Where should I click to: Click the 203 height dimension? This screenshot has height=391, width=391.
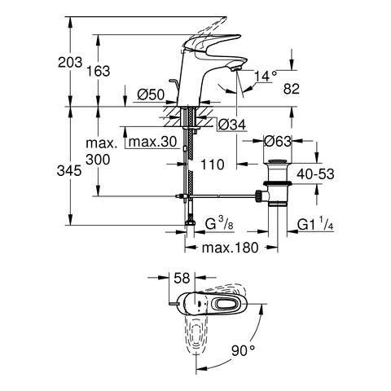coord(70,62)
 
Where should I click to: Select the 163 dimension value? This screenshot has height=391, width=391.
coord(98,71)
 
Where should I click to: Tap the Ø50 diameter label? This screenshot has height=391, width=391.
coord(151,94)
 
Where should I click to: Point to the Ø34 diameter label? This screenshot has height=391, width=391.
coord(232,125)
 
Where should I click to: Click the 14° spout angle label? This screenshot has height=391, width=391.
coord(266,77)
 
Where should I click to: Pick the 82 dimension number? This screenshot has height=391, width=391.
coord(292,89)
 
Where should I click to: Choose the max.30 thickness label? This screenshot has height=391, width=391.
coord(152,142)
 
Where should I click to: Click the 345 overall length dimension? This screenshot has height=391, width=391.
coord(69,171)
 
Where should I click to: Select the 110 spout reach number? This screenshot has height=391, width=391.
coord(213,165)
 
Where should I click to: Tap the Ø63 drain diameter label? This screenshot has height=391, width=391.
coord(278,141)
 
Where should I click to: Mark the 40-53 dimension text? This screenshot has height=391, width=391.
coord(315,174)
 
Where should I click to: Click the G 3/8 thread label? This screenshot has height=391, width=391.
coord(219,224)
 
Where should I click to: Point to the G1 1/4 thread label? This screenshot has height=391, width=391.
coord(315,224)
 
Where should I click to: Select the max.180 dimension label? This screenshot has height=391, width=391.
coord(230,248)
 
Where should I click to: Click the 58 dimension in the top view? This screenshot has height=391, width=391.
coord(182,278)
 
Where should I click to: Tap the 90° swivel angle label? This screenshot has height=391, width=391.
coord(244,350)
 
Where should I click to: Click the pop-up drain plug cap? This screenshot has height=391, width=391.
coord(278,162)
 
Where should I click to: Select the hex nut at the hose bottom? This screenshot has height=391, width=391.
coord(190,223)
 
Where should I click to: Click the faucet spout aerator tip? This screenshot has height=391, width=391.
coord(235,69)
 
